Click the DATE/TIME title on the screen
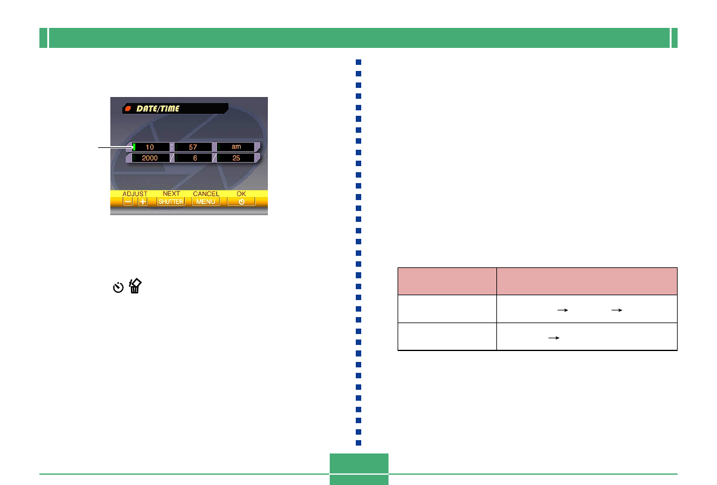pos(158,109)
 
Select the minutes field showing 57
pos(193,147)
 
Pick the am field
pos(236,147)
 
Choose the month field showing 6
pos(193,158)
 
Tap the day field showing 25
pos(236,158)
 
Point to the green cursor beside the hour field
pos(133,147)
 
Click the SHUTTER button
pos(171,202)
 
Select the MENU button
pos(205,202)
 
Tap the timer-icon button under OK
pos(241,202)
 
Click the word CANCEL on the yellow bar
pos(205,194)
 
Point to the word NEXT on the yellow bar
pos(172,194)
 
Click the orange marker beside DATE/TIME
pos(128,109)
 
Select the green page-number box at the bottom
pos(359,469)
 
